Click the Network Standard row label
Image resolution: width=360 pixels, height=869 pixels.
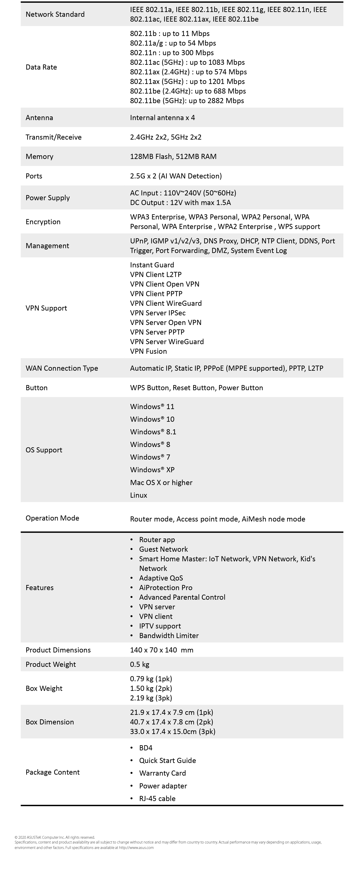[x=55, y=14]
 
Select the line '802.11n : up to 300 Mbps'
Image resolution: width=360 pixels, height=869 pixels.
[x=172, y=53]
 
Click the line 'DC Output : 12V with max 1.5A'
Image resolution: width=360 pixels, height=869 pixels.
[x=180, y=202]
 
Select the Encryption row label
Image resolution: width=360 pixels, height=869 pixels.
[x=43, y=222]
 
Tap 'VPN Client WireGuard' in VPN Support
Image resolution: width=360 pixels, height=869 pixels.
[x=166, y=303]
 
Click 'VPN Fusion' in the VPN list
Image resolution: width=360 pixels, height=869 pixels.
[x=148, y=351]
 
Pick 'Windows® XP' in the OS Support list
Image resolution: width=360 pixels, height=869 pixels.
[x=152, y=470]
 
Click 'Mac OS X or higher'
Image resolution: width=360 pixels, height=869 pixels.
[x=161, y=482]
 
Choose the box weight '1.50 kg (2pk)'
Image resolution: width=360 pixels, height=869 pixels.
[x=151, y=688]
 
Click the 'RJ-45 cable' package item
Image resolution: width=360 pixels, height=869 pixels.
[x=157, y=798]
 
